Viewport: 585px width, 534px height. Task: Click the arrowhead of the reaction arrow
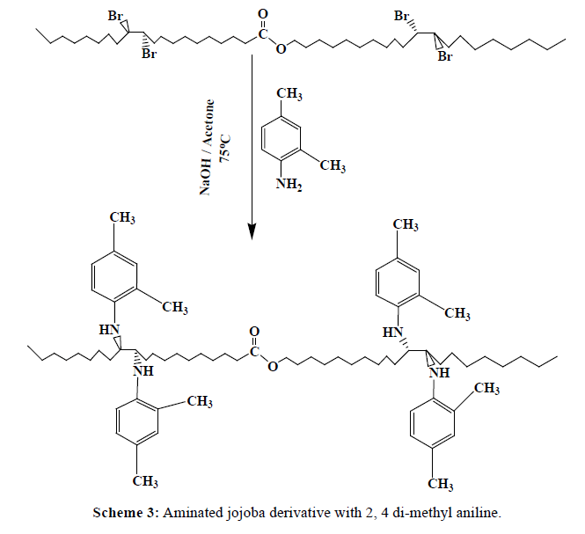[252, 230]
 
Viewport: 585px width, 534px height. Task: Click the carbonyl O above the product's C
[255, 332]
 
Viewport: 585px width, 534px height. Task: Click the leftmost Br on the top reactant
[116, 17]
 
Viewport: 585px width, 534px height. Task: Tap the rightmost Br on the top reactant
[445, 57]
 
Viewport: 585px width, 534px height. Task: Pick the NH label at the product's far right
[438, 374]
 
